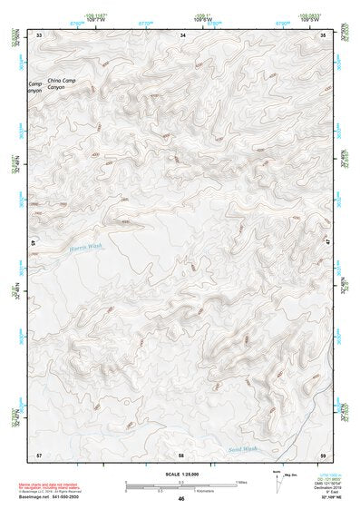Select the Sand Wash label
(243, 448)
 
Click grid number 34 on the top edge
(183, 34)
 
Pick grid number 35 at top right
(325, 34)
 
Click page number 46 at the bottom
(181, 499)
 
